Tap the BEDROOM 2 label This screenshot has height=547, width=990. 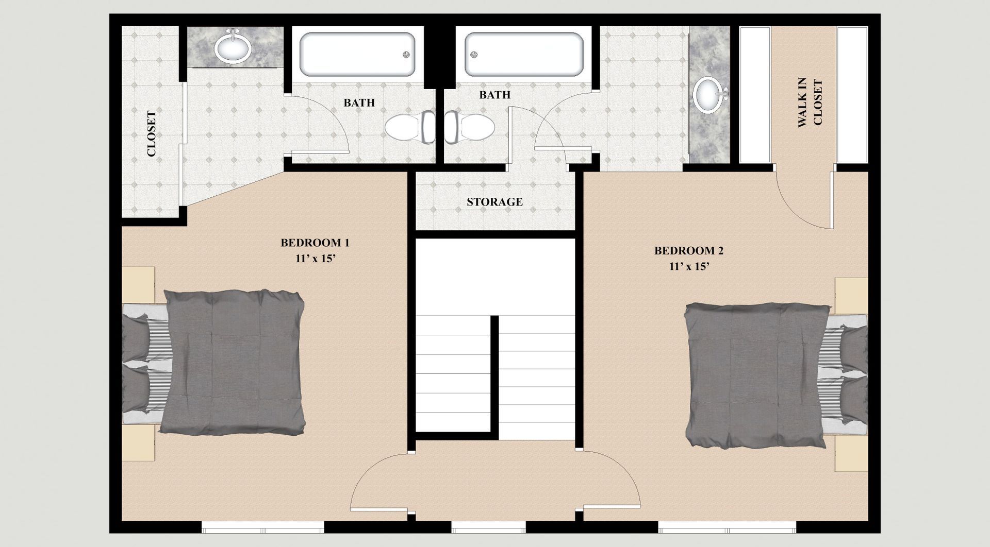[x=689, y=251]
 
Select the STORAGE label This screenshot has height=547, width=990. [x=494, y=202]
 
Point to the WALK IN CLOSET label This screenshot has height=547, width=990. [x=810, y=103]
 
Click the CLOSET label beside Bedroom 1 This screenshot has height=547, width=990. [x=151, y=134]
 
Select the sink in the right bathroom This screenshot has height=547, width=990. [x=709, y=94]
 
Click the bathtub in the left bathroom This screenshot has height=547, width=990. [x=357, y=55]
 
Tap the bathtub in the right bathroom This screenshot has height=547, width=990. [x=523, y=55]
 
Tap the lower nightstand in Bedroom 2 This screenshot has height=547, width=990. [x=852, y=454]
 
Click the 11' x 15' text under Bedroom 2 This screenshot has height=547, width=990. [x=689, y=267]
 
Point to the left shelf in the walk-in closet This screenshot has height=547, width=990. [x=755, y=95]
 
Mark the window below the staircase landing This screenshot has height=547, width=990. [x=488, y=527]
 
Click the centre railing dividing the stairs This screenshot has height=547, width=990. [x=494, y=378]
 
